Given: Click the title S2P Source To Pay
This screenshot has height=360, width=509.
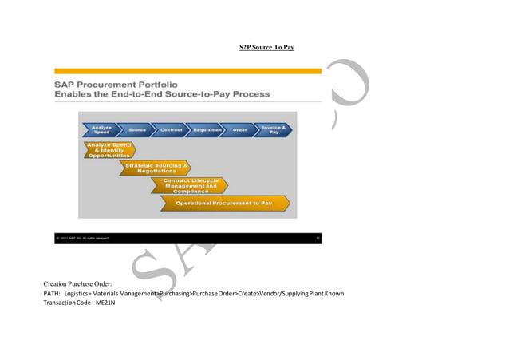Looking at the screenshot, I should (266, 48).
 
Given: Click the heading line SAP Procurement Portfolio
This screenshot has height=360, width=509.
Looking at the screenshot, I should (116, 84).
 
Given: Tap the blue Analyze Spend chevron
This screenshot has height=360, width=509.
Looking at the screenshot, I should (101, 129).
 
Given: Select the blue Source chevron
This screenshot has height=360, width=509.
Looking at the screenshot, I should (137, 129).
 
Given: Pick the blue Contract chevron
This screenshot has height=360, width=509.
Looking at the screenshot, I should (171, 129).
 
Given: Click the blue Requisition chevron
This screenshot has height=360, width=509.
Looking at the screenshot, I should (207, 129).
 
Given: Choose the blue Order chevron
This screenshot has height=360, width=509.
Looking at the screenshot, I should (239, 129).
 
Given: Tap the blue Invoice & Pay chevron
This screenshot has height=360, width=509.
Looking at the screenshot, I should (273, 129).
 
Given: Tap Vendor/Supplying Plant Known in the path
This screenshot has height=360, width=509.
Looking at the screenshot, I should (302, 294).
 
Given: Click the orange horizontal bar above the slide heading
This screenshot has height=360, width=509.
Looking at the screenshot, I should (187, 71).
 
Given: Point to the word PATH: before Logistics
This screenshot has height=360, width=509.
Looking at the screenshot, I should (52, 294).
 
